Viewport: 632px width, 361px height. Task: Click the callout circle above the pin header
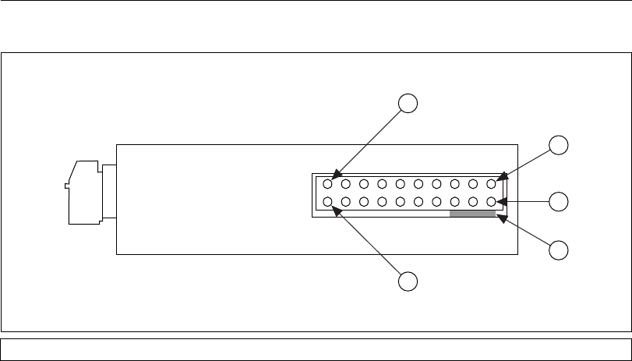[x=408, y=103]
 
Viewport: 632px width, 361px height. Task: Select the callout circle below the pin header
[x=408, y=281]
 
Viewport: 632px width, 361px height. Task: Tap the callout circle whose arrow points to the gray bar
[x=558, y=250]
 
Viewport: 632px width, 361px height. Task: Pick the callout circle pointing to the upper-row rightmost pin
[x=558, y=144]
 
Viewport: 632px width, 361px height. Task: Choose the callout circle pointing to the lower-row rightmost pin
[x=558, y=201]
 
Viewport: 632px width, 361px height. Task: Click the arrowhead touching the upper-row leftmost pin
[x=336, y=175]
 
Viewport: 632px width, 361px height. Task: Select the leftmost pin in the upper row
[x=327, y=185]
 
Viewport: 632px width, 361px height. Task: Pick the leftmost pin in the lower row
[x=327, y=203]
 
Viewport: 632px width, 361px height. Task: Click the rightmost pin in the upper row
[x=491, y=185]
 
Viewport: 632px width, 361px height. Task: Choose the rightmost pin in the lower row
[x=491, y=203]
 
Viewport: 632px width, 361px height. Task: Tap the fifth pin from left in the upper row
[x=400, y=185]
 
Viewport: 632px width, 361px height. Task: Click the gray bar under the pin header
[x=472, y=214]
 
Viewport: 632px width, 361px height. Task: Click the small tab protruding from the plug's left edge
[x=66, y=186]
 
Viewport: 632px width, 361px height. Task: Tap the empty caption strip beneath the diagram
[x=316, y=349]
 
